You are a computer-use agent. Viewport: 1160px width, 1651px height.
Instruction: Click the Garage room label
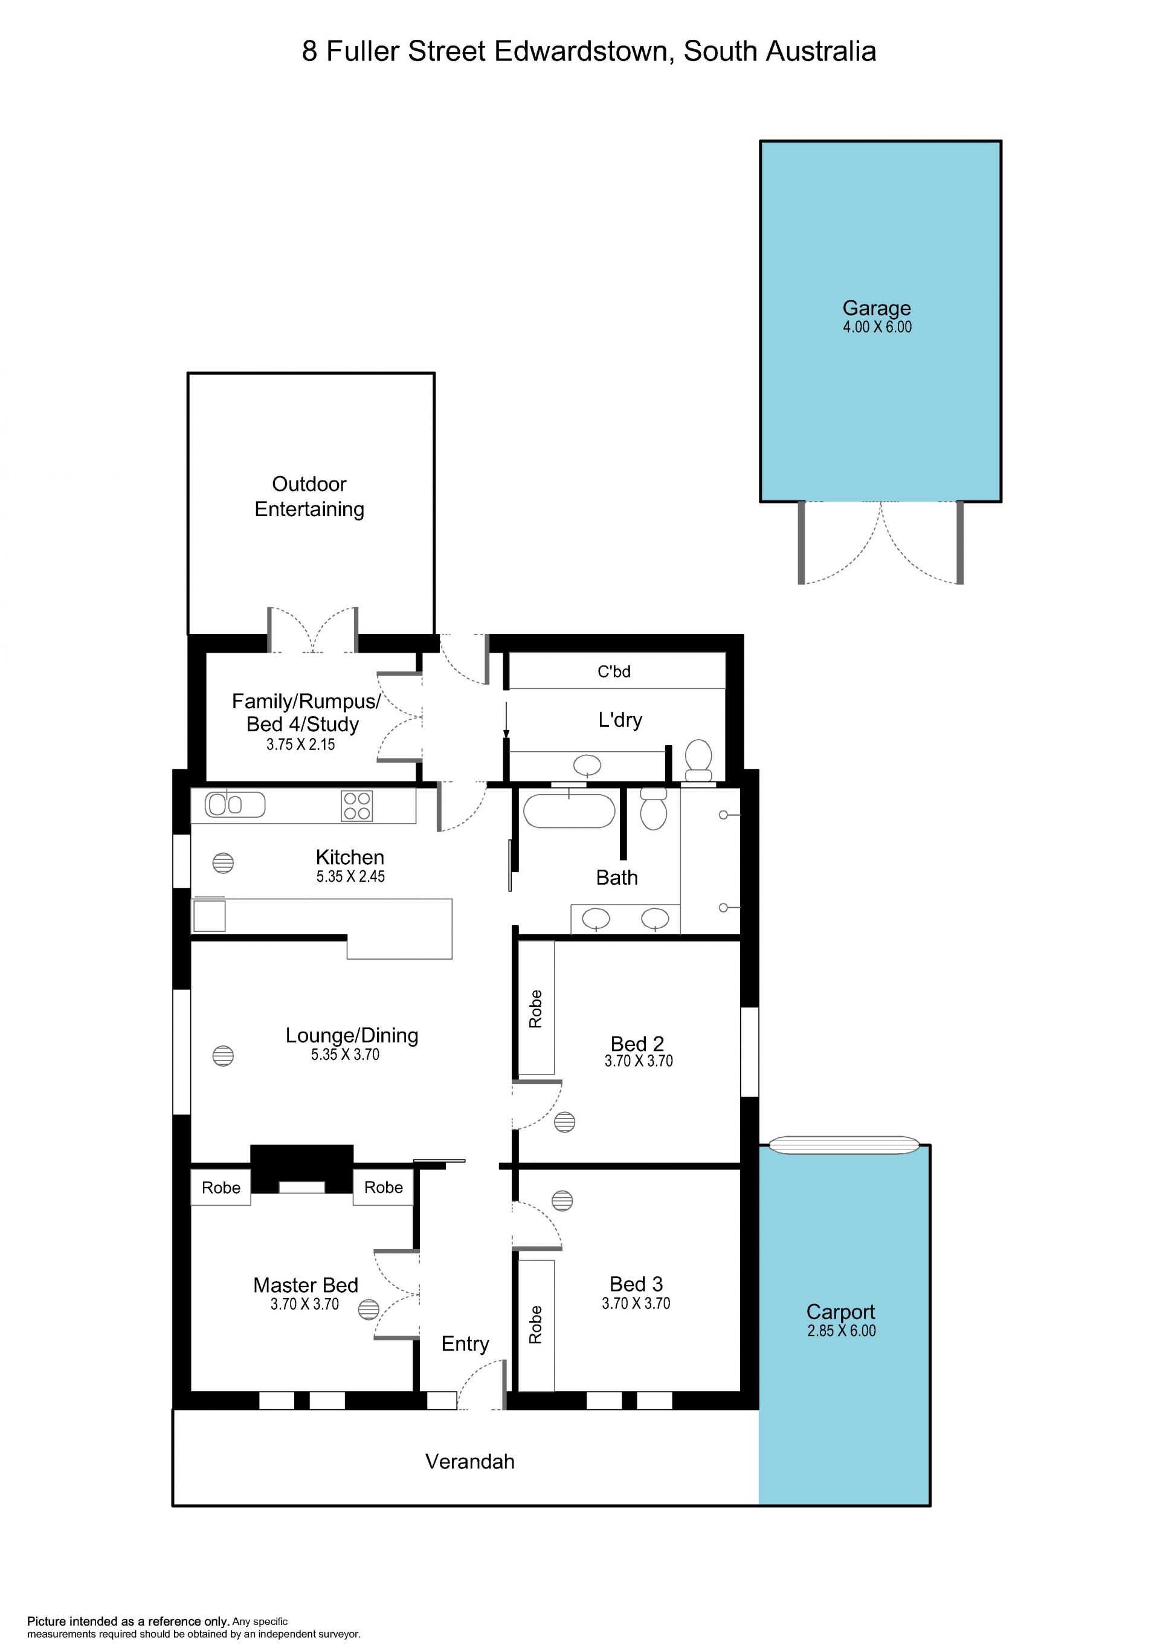[876, 308]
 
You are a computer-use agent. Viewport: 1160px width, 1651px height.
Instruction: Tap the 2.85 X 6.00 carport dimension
[841, 1331]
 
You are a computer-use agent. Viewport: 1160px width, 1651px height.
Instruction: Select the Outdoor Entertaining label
[309, 496]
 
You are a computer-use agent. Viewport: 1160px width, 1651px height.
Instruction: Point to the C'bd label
[614, 671]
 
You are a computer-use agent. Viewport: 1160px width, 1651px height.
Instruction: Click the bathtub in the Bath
[569, 811]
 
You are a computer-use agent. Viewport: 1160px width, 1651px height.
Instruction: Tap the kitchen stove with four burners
[356, 806]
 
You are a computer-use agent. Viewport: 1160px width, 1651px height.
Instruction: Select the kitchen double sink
[235, 804]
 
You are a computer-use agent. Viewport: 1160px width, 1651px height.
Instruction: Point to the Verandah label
[470, 1461]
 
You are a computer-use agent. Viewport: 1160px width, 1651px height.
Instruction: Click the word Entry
[465, 1344]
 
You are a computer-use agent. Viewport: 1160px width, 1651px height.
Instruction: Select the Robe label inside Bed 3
[535, 1325]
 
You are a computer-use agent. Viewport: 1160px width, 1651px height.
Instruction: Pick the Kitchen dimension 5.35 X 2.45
[351, 876]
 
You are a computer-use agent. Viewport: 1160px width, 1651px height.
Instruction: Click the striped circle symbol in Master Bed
[369, 1310]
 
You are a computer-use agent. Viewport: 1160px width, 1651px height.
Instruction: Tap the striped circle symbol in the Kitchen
[224, 863]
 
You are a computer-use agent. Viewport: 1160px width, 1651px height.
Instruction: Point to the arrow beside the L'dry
[506, 720]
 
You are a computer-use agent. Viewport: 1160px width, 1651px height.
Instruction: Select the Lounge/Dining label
[352, 1035]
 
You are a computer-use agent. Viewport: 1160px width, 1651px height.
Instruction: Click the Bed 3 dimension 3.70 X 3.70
[636, 1303]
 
